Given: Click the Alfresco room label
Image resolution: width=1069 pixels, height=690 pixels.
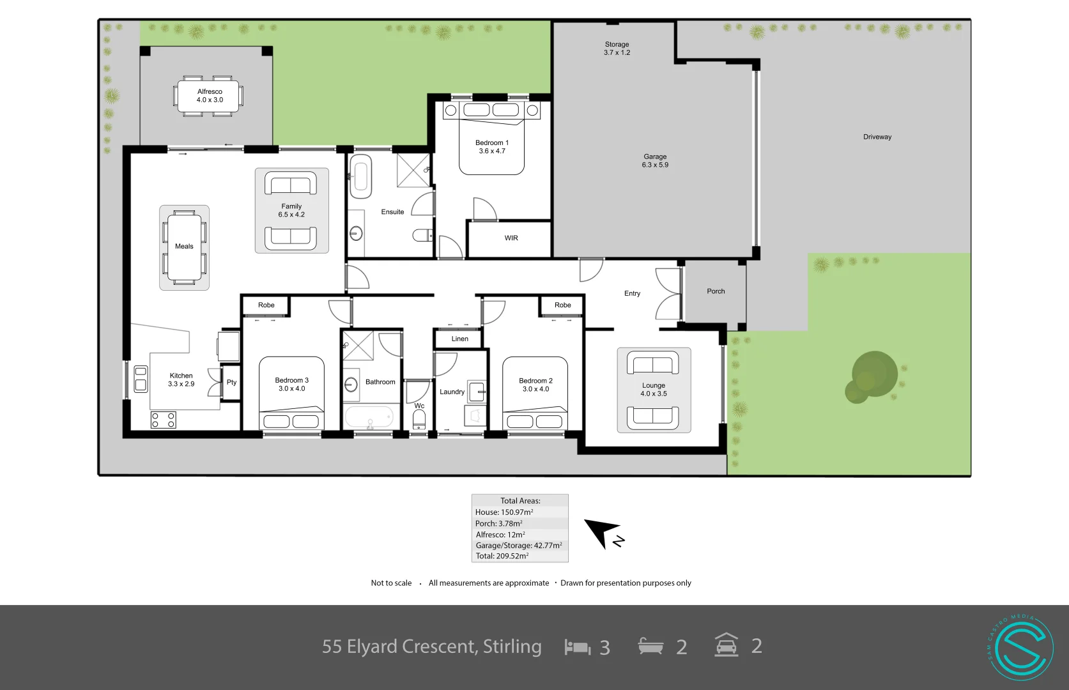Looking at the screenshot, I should point(210,91).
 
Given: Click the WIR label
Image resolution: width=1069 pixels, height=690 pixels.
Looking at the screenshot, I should point(511,238).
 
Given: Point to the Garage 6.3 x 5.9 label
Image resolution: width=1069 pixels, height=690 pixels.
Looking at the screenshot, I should point(655,160).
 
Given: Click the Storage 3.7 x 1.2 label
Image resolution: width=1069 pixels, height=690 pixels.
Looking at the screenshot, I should point(617,49).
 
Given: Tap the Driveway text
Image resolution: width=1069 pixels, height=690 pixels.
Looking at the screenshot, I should point(877,137).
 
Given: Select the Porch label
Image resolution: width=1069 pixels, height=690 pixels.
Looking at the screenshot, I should point(716,291).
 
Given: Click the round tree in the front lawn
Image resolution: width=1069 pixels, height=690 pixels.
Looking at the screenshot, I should point(872,376).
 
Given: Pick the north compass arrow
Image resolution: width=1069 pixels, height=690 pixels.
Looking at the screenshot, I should point(601,532).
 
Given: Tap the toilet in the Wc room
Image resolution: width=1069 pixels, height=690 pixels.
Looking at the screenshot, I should point(419,420).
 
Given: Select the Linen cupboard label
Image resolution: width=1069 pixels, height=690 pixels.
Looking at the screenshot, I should point(459,339).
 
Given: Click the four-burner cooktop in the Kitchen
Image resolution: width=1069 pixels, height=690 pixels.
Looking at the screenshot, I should point(163,420).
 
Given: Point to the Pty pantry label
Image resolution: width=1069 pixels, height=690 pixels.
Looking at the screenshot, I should point(231,382).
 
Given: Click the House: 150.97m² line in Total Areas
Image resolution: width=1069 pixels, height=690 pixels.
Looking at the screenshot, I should point(504,512).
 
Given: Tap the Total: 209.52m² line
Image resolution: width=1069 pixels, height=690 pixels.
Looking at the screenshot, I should point(502,556).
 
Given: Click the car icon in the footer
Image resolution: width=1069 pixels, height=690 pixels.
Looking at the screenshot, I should point(727,645).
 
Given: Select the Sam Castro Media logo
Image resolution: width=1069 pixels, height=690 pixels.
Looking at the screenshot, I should point(1020,648).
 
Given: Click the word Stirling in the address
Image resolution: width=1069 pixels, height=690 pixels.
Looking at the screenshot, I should point(512,647).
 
